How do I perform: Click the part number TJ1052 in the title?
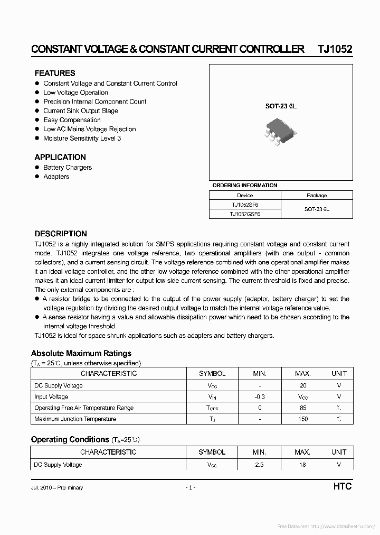click(335, 49)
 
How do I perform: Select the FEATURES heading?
click(55, 73)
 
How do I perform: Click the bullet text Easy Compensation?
click(72, 120)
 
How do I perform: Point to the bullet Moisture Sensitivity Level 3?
click(82, 138)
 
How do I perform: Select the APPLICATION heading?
click(60, 158)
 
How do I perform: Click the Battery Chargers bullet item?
click(68, 168)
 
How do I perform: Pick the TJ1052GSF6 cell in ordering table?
click(245, 214)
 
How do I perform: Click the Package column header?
click(317, 195)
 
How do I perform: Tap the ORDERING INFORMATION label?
click(244, 186)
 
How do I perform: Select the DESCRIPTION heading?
click(61, 234)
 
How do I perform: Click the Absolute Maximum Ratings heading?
click(81, 353)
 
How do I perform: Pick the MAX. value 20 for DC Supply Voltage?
click(302, 385)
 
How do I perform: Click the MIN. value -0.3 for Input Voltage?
click(259, 396)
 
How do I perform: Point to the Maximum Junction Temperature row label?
click(75, 419)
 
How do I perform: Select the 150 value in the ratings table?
click(302, 419)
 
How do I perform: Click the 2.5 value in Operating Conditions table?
click(259, 465)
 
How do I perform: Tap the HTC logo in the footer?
click(342, 486)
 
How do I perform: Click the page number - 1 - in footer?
click(190, 487)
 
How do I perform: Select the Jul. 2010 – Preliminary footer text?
click(57, 487)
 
